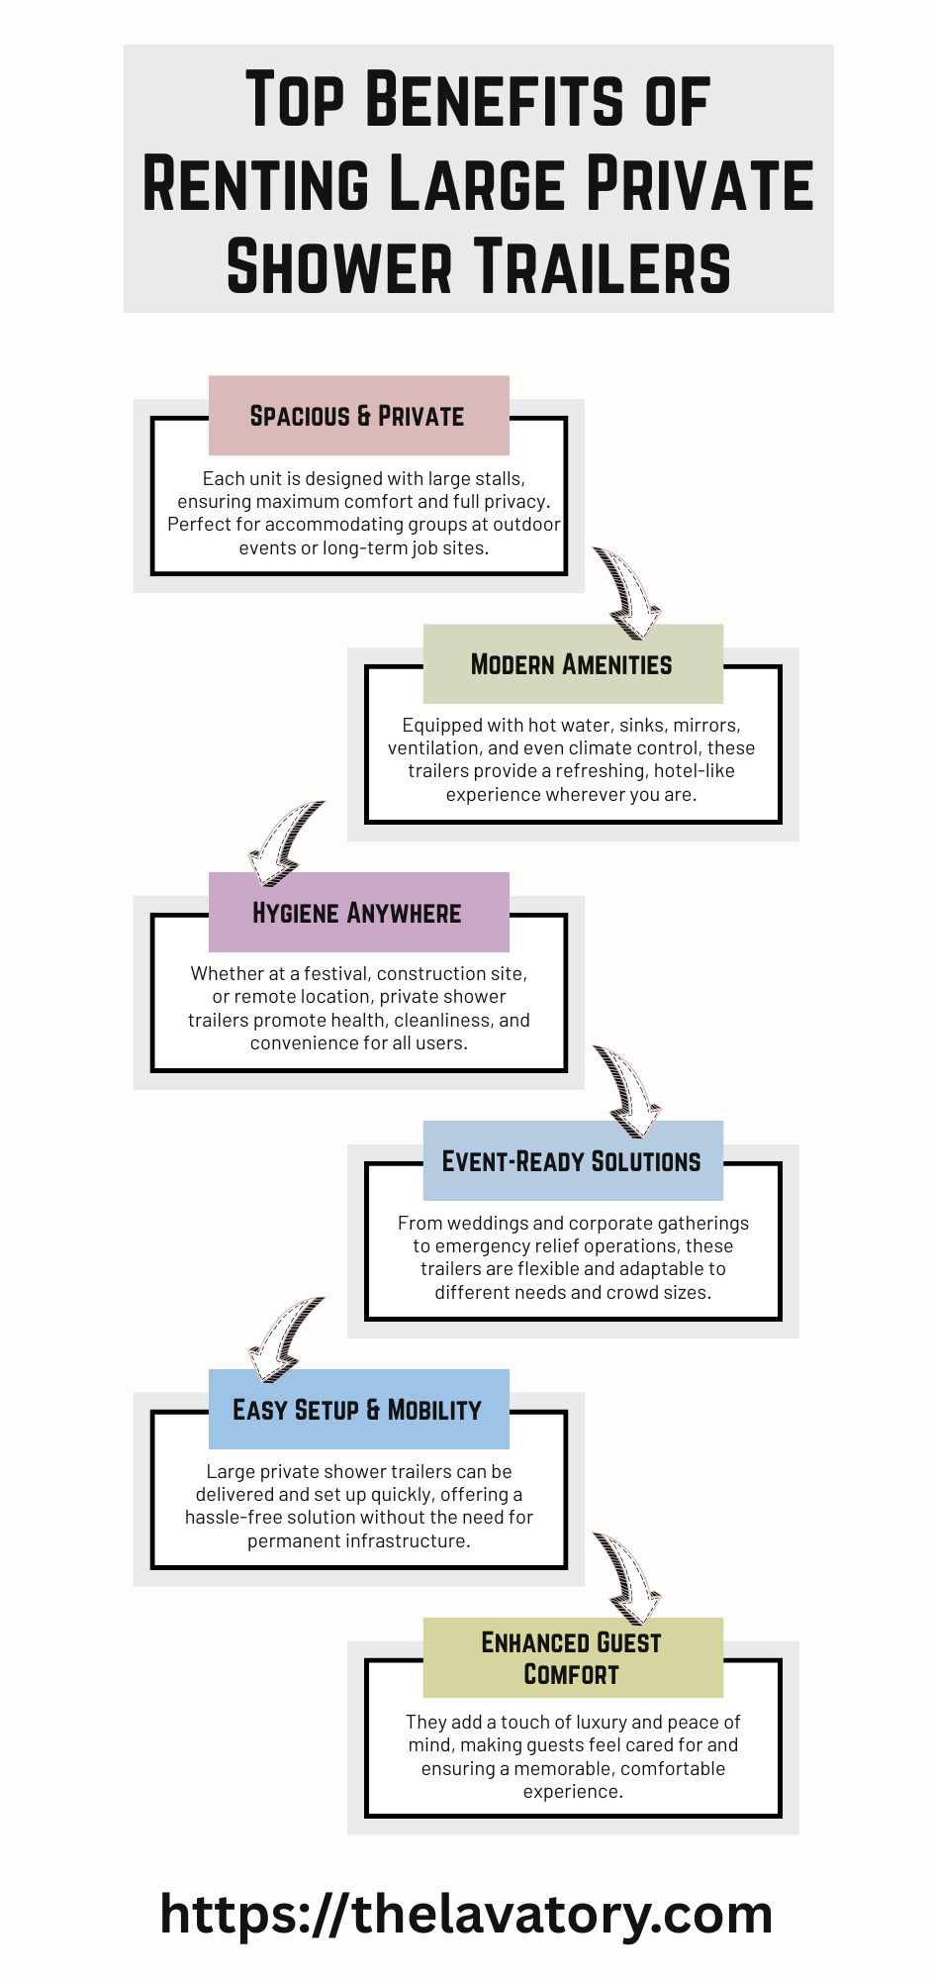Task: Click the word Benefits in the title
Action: pos(495,100)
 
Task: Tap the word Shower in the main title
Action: pos(338,266)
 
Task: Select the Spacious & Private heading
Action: pos(357,416)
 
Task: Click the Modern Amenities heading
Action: pos(571,664)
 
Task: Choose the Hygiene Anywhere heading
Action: pos(357,913)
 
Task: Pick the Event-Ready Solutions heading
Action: pos(571,1161)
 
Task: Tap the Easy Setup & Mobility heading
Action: pos(357,1410)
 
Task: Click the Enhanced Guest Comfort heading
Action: pos(571,1658)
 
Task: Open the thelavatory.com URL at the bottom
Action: pos(466,1914)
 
